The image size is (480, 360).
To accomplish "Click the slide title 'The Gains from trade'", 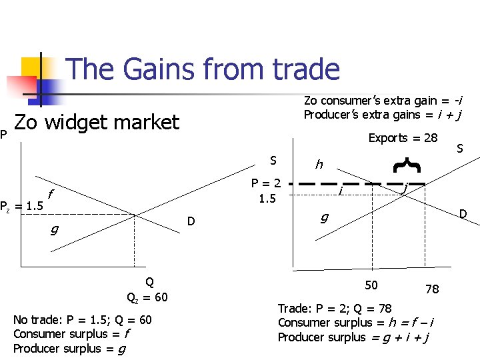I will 203,69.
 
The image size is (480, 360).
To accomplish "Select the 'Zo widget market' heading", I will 97,122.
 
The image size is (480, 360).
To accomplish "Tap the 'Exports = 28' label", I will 403,138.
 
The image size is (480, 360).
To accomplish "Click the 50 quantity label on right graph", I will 371,285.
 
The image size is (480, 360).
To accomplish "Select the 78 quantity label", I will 432,289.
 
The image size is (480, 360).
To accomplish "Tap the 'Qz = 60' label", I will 147,297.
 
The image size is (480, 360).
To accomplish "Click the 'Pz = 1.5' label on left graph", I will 22,205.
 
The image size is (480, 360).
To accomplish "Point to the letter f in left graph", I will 51,195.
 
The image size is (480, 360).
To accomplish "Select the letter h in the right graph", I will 319,164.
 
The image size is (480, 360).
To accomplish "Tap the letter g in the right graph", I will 324,217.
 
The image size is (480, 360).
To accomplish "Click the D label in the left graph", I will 191,220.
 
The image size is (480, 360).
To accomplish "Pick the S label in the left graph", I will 273,161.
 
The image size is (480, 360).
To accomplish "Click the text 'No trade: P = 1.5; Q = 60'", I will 83,320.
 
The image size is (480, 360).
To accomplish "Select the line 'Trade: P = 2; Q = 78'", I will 335,309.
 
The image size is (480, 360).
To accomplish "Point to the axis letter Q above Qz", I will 149,282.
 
